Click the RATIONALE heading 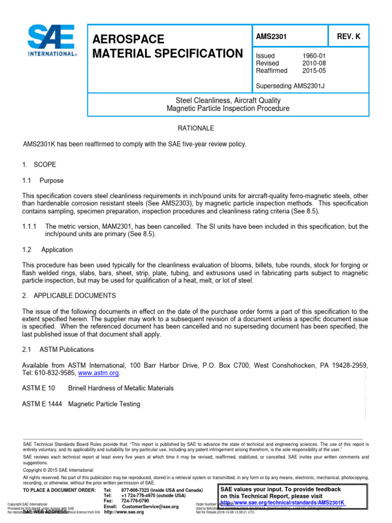tap(195, 128)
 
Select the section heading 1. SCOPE tap(39, 165)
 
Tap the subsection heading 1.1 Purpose tap(43, 181)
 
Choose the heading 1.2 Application tap(47, 250)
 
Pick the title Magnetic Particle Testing tap(104, 404)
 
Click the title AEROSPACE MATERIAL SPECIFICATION tap(167, 46)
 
